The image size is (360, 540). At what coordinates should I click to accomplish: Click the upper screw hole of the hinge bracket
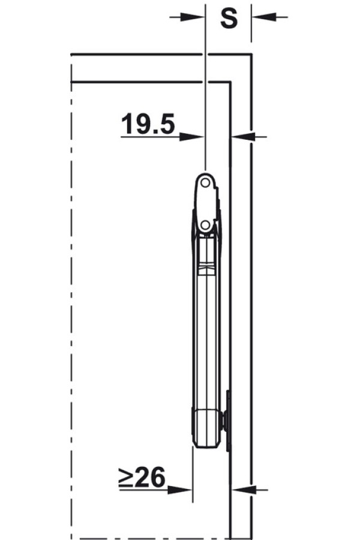pos(205,183)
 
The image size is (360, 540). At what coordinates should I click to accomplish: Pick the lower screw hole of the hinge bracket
pos(205,225)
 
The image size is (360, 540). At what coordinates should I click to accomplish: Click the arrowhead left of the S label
pos(192,17)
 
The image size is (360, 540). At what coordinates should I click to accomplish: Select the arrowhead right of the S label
pos(263,17)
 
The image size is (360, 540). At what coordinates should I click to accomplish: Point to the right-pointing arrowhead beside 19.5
pos(192,137)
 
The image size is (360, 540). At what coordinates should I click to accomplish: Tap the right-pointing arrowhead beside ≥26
pos(180,490)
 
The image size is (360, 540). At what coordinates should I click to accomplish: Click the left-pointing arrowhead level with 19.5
pos(243,137)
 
